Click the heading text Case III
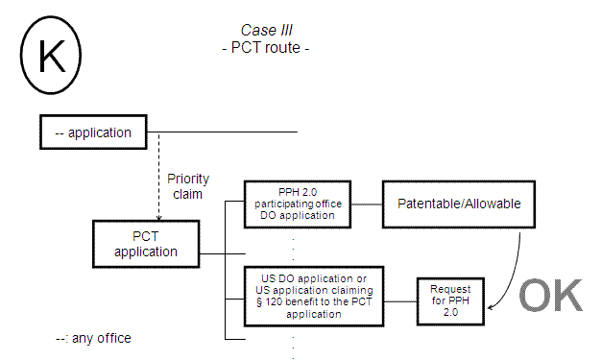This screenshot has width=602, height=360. [x=264, y=31]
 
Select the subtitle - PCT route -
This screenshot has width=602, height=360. [x=264, y=46]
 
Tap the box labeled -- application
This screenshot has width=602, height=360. [x=99, y=132]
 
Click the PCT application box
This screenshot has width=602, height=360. [x=147, y=244]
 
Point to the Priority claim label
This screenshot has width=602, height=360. [x=187, y=186]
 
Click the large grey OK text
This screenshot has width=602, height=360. [x=550, y=297]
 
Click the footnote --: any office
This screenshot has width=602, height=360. [x=93, y=338]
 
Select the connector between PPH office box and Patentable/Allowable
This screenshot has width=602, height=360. [x=367, y=204]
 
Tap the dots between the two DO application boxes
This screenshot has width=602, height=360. [x=292, y=248]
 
